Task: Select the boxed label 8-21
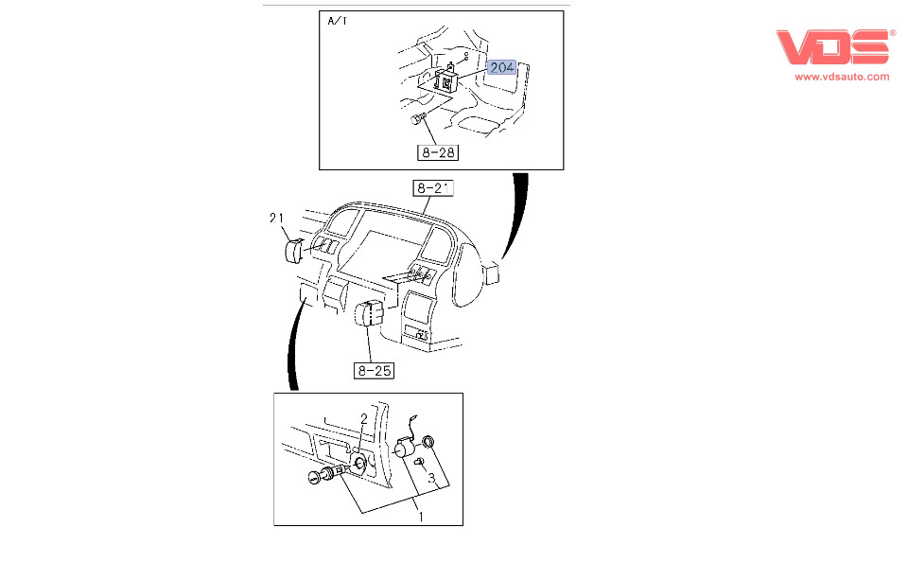pos(433,188)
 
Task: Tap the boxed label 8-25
pos(374,370)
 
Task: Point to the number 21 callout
pos(276,219)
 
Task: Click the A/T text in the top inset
pos(337,20)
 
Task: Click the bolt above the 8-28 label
pos(417,118)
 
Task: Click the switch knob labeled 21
pos(292,251)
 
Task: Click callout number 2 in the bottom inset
pos(363,419)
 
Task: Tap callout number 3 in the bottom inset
pos(430,479)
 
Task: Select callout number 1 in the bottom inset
pos(421,517)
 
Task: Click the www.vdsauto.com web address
pos(841,78)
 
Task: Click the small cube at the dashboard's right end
pos(491,273)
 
